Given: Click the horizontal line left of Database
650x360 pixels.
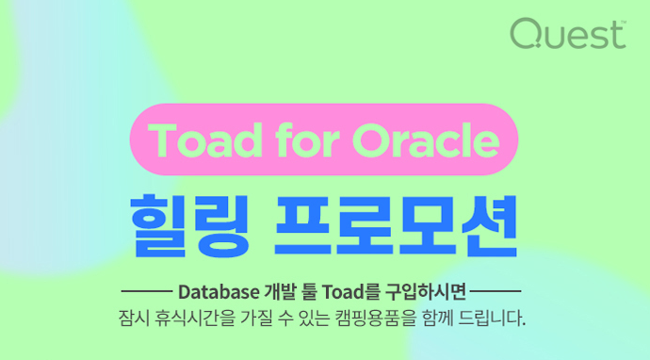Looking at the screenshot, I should click(144, 289).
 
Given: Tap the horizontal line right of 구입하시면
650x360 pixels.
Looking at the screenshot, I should click(496, 289).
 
